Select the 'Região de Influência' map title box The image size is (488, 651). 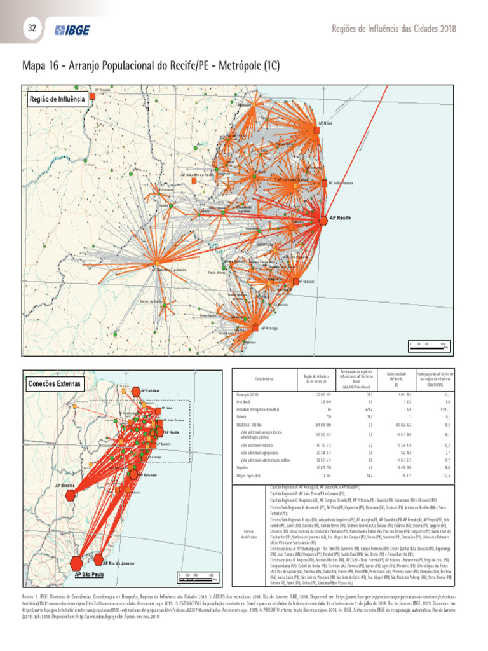(57, 99)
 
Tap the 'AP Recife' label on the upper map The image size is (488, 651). (341, 218)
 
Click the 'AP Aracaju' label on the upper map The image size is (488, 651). (271, 328)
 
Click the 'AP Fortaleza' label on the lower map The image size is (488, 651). (151, 390)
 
